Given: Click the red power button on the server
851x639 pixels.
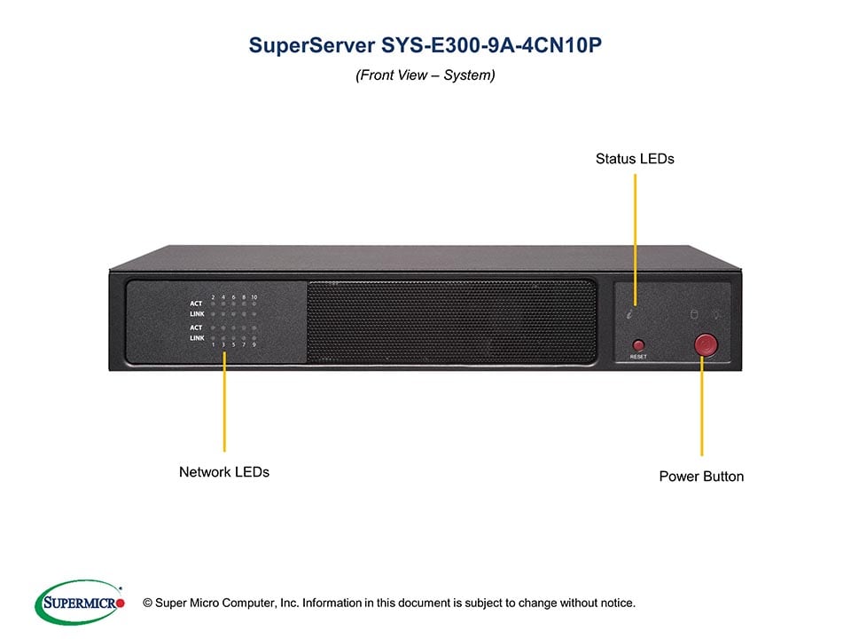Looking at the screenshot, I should coord(706,344).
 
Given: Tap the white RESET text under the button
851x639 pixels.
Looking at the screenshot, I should coord(638,357).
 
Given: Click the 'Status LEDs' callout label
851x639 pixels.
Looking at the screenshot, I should coord(635,159).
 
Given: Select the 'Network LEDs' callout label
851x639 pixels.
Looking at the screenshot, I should coord(224,472).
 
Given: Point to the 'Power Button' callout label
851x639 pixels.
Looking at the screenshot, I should coord(701,477).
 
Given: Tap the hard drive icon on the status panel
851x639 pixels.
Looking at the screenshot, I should coord(694,314).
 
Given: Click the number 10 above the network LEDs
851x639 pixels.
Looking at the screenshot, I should coord(254,296).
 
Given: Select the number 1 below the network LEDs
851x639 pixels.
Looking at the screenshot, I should coord(213,344).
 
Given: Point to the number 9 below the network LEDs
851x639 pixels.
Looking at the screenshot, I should coord(254,344).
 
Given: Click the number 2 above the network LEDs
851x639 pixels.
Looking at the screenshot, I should coord(213,296).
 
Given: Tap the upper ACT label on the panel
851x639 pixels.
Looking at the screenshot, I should coord(196,304).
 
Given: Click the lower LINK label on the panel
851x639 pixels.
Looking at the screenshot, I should coord(196,338).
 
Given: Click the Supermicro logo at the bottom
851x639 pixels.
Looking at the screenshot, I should coord(79,602).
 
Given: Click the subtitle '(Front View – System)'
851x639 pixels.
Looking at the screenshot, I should coord(425,75).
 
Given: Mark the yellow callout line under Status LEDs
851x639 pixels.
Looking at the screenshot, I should coord(636,231).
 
